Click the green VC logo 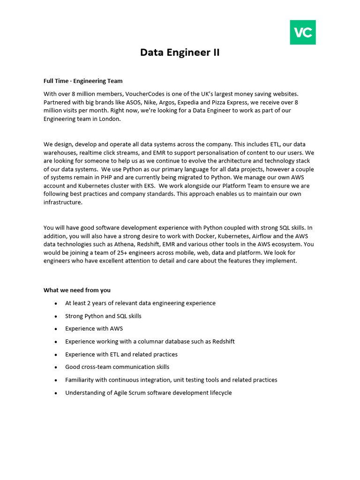coord(303,32)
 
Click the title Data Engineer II coord(180,52)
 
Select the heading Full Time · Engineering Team coord(83,81)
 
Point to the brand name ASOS coord(134,102)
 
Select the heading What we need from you coord(77,290)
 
